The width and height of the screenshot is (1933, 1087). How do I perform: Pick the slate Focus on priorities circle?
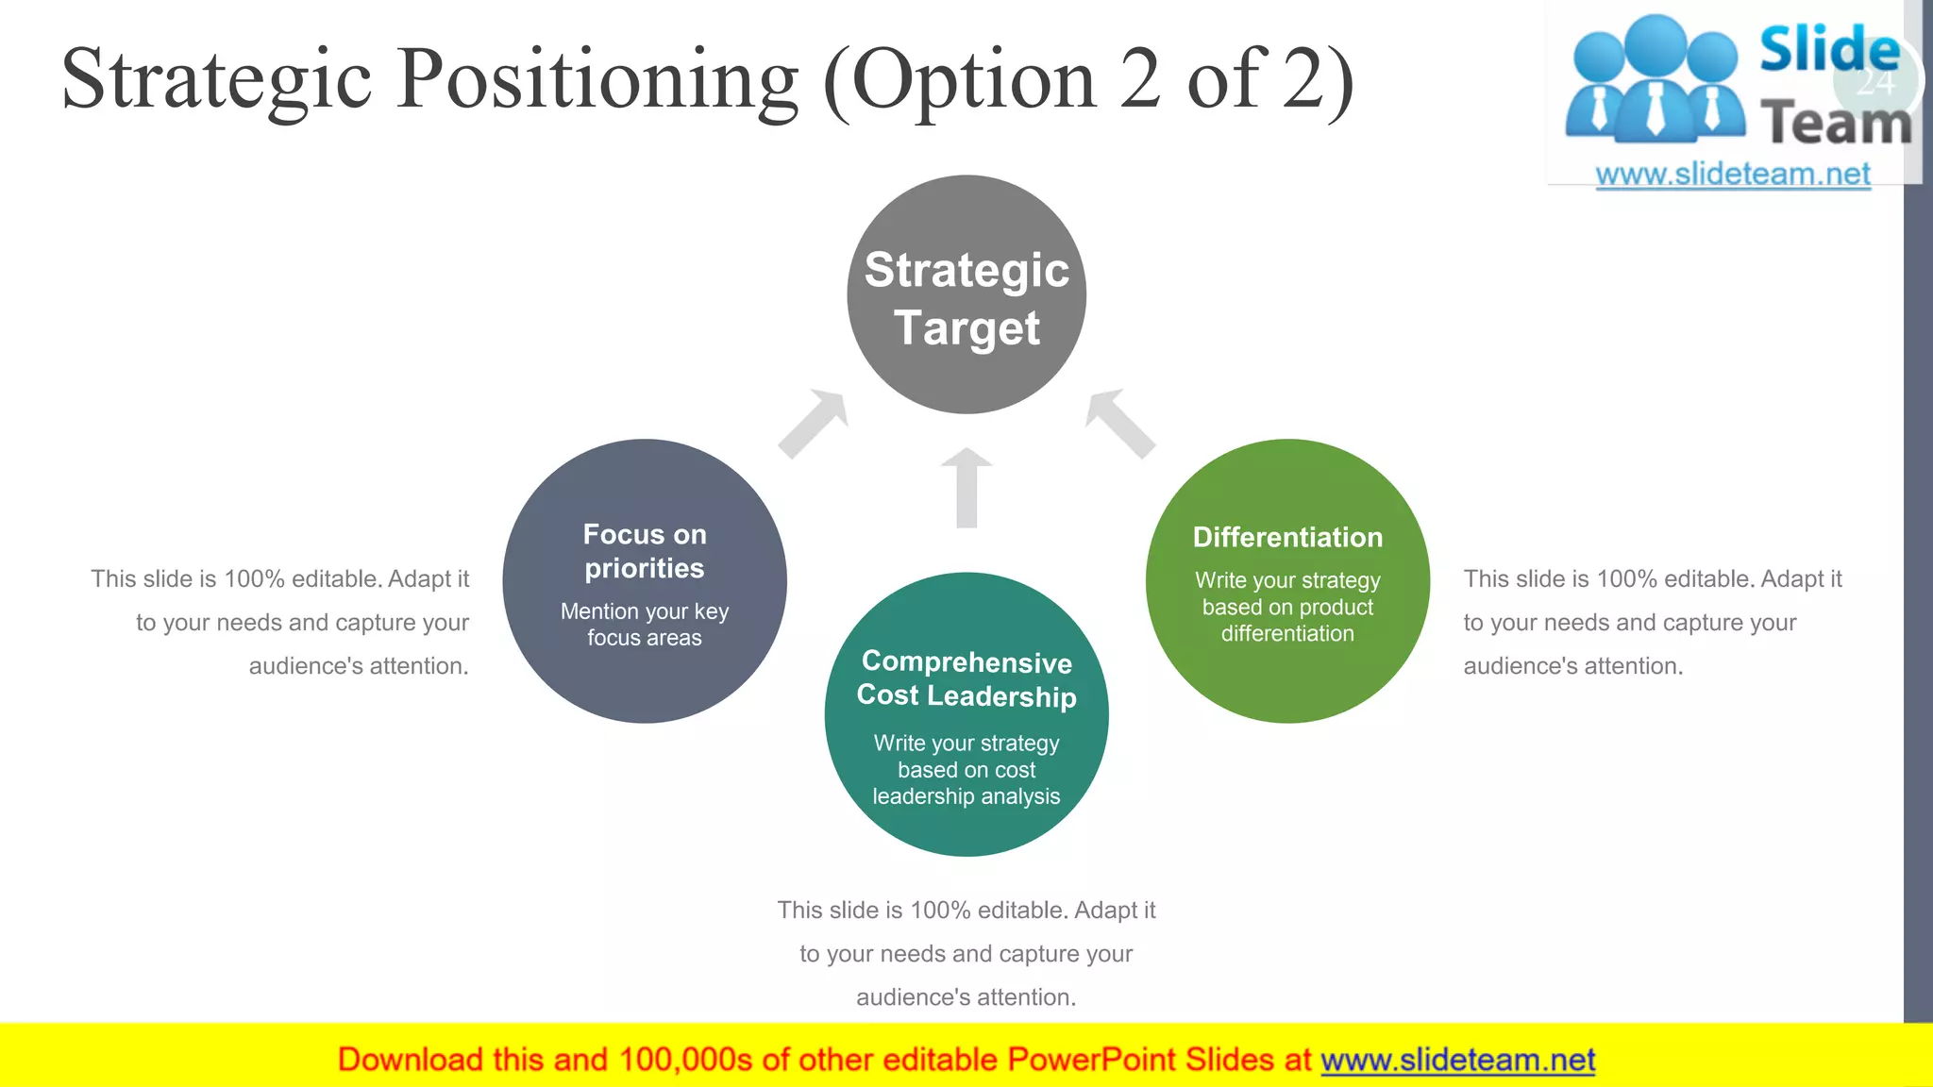coord(645,679)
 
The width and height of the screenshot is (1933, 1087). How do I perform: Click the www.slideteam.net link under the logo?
coord(1733,175)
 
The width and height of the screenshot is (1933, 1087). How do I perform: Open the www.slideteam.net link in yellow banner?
coord(1457,1060)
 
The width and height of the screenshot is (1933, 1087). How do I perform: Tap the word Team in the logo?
coord(1835,124)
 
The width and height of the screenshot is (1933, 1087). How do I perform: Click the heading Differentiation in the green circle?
coord(1287,537)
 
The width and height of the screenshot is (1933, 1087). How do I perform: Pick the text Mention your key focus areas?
coord(645,625)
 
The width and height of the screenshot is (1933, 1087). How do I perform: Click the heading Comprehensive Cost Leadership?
coord(966,679)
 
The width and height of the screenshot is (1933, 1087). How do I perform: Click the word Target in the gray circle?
coord(966,327)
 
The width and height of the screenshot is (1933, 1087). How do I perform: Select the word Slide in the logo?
coord(1827,49)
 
